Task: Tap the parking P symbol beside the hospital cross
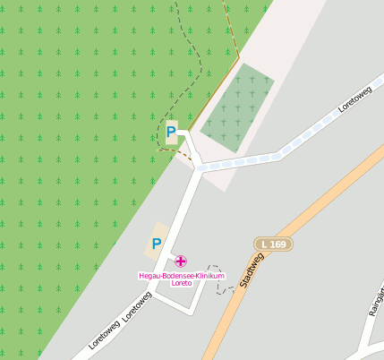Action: [156, 243]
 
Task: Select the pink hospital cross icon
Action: [181, 261]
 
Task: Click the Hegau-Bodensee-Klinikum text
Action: [181, 275]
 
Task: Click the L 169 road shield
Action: [273, 244]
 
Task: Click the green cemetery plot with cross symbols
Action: [236, 107]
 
